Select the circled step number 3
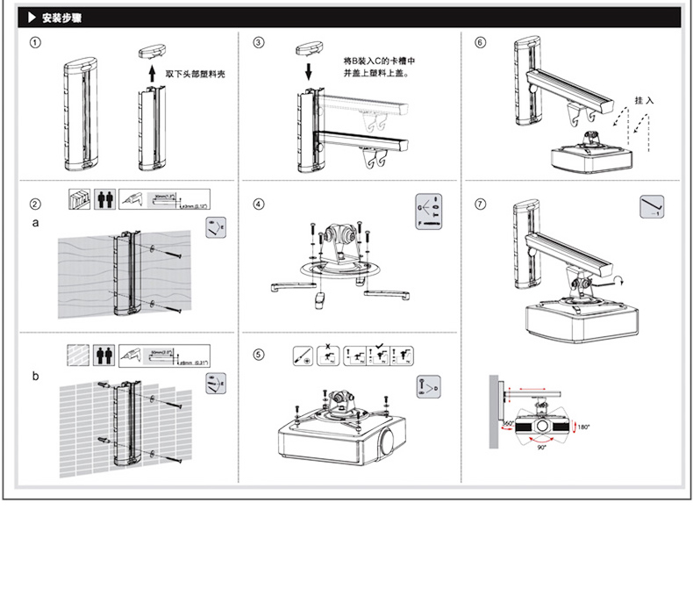tap(259, 41)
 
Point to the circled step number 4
tap(259, 204)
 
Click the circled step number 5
tap(259, 355)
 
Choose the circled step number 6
tap(481, 41)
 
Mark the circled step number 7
tap(481, 204)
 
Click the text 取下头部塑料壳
tap(195, 74)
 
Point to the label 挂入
tap(644, 101)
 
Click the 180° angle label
tap(583, 427)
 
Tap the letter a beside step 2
tap(35, 223)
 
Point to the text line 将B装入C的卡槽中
tap(379, 61)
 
